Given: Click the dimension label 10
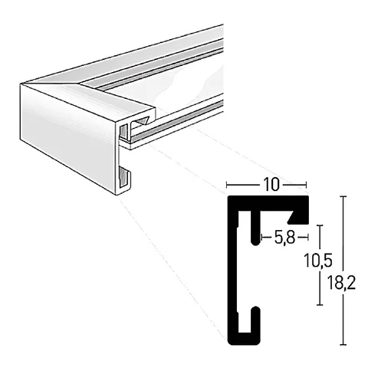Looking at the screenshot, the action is pos(271,185).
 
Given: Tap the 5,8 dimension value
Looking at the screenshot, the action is pos(284,238).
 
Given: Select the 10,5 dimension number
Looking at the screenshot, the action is pos(318,261).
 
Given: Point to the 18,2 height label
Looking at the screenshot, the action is pos(342,283).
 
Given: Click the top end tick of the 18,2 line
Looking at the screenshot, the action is pos(343,196).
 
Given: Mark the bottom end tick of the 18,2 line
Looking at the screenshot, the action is pos(343,345).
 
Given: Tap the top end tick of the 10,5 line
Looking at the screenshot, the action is pos(320,225).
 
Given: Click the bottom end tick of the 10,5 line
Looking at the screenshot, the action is pos(320,305).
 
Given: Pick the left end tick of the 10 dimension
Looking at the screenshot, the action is pos(227,185).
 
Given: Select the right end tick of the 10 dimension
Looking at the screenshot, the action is pos(306,185).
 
